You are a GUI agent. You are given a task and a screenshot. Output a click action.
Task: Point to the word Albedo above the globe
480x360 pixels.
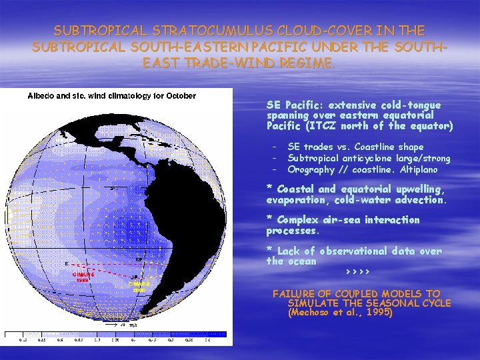pyautogui.click(x=39, y=95)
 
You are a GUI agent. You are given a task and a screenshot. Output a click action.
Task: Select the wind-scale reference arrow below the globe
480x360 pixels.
pyautogui.click(x=120, y=325)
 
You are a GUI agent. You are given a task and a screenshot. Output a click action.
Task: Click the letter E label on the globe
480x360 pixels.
pyautogui.click(x=66, y=263)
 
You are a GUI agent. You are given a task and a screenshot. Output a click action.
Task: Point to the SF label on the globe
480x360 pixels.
pyautogui.click(x=139, y=259)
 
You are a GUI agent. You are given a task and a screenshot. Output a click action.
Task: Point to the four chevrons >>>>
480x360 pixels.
pyautogui.click(x=358, y=273)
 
